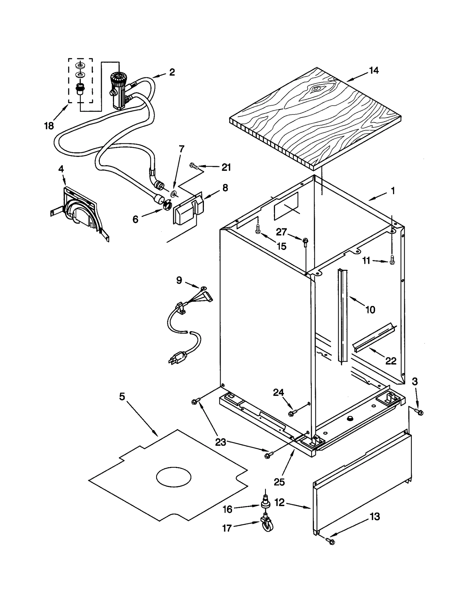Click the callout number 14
click(x=374, y=71)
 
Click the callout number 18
click(x=49, y=125)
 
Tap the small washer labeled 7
click(x=173, y=194)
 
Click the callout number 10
click(x=370, y=309)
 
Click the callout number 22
click(x=390, y=361)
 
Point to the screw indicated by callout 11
click(x=392, y=260)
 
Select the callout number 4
click(x=61, y=169)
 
